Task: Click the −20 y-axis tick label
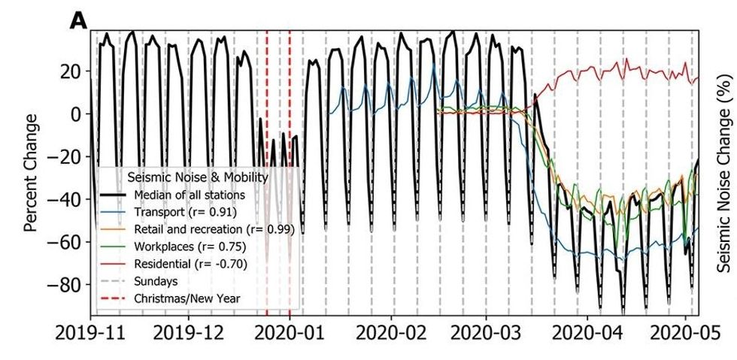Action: coord(65,158)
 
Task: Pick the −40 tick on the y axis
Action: coord(65,201)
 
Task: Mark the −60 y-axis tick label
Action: coord(65,244)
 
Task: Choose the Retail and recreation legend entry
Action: coord(214,228)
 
